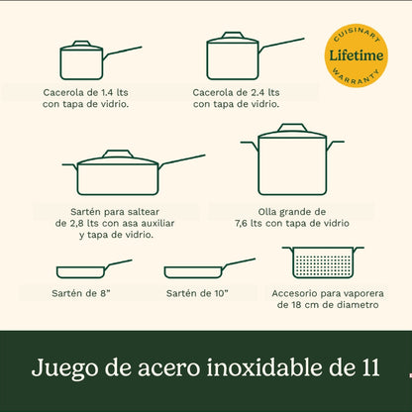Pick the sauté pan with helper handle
pyautogui.click(x=118, y=175)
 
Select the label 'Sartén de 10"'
pyautogui.click(x=199, y=293)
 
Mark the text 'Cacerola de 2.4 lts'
pyautogui.click(x=237, y=92)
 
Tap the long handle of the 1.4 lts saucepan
pyautogui.click(x=123, y=51)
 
